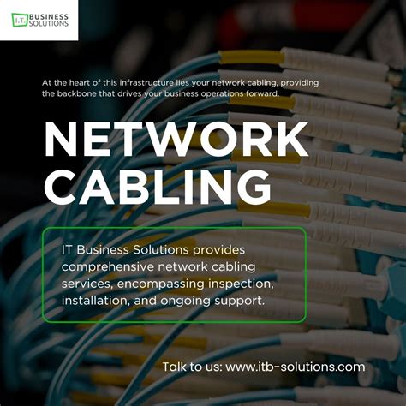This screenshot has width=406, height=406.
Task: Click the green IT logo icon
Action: (19, 20)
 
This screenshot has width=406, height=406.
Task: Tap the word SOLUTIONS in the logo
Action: (51, 25)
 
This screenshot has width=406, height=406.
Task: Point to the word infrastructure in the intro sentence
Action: (125, 82)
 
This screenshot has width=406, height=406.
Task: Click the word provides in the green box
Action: (218, 249)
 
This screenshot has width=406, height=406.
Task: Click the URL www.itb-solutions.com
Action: (296, 367)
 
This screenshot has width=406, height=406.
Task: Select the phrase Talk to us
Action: (192, 367)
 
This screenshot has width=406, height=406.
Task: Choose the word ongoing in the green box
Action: (195, 302)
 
